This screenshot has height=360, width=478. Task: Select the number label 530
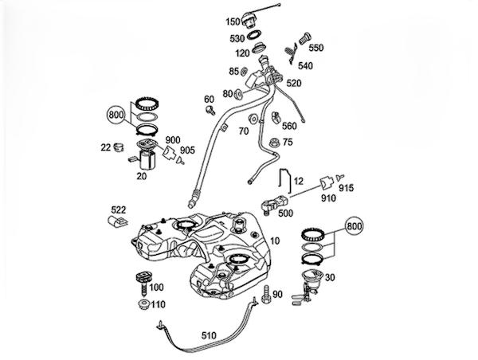(x=237, y=39)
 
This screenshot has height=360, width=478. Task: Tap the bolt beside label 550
(x=305, y=38)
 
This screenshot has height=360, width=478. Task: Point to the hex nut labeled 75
(x=273, y=143)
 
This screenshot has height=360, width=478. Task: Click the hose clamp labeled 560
(x=276, y=117)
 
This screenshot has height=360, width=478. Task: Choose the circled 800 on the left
(x=116, y=115)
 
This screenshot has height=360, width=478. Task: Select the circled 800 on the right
(x=355, y=226)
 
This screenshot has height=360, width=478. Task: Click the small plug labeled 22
(x=119, y=147)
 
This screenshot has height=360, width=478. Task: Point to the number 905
(x=187, y=151)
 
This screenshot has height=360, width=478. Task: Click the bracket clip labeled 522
(x=118, y=222)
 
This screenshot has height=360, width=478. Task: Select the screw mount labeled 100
(x=143, y=282)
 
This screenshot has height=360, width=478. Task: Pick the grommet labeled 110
(x=143, y=304)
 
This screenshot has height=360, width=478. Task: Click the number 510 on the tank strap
(x=209, y=336)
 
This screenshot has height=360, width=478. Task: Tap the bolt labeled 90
(x=266, y=295)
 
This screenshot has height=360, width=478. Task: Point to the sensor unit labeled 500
(x=274, y=204)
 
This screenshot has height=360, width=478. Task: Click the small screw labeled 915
(x=339, y=177)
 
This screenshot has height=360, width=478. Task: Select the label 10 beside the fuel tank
(x=275, y=241)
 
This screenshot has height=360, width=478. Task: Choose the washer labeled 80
(x=239, y=94)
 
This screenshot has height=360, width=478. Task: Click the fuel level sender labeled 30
(x=308, y=285)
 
